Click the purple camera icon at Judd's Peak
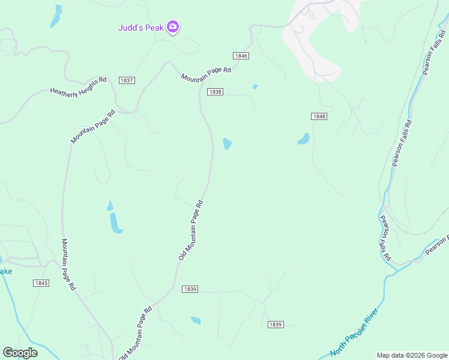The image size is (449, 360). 173,26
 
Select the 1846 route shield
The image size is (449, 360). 241,55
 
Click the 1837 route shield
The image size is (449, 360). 127,80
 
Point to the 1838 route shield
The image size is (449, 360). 215,92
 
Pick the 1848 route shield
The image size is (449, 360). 319,116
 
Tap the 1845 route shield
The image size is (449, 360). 41,283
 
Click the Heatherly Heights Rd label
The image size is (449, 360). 78,86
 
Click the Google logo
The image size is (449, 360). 20,353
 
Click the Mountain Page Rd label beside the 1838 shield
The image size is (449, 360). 206,74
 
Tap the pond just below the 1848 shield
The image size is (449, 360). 304,139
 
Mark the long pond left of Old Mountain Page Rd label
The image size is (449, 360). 114,220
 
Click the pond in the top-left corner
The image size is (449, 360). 56,16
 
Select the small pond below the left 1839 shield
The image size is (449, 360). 196,320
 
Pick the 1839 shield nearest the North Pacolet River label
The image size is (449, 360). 275,325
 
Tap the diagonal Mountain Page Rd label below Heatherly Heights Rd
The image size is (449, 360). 93,127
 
